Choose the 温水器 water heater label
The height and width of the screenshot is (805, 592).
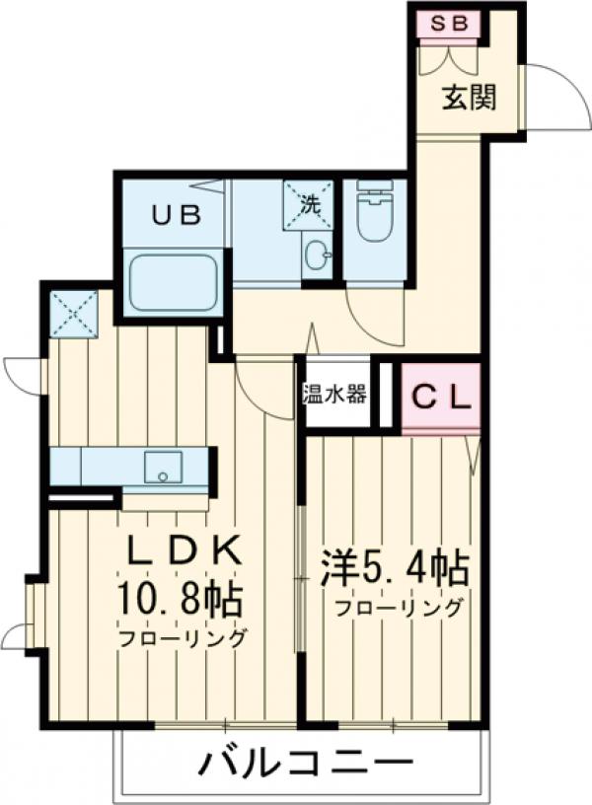[334, 394]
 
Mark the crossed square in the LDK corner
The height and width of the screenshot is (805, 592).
[75, 313]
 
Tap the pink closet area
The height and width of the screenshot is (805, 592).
[441, 398]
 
